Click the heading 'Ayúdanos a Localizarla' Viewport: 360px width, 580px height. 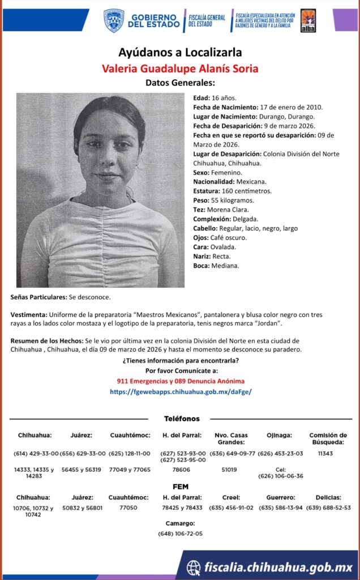(x=180, y=53)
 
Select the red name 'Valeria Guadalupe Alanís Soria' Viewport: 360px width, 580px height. (x=180, y=69)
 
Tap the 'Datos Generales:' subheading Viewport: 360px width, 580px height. (x=180, y=83)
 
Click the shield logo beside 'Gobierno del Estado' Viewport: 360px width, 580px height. (x=114, y=20)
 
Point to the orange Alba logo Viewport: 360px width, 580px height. (x=308, y=20)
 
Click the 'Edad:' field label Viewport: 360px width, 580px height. (x=202, y=98)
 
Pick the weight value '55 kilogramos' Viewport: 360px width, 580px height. (x=232, y=201)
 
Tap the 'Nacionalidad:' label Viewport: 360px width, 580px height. (x=214, y=182)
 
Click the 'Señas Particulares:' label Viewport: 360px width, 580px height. (x=38, y=297)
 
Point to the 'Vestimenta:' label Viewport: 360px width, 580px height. (x=29, y=314)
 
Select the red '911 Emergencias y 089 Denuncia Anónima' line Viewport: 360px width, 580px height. (x=181, y=381)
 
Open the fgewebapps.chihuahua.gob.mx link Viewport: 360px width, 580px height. (x=181, y=391)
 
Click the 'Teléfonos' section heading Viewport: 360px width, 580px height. (x=182, y=419)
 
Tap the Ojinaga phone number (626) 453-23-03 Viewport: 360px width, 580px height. (x=280, y=453)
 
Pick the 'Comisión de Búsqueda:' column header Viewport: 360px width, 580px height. (x=328, y=438)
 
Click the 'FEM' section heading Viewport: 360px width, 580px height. (x=181, y=487)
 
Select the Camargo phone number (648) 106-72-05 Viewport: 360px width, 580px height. (x=181, y=534)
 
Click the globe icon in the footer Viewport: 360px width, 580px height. (x=194, y=567)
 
